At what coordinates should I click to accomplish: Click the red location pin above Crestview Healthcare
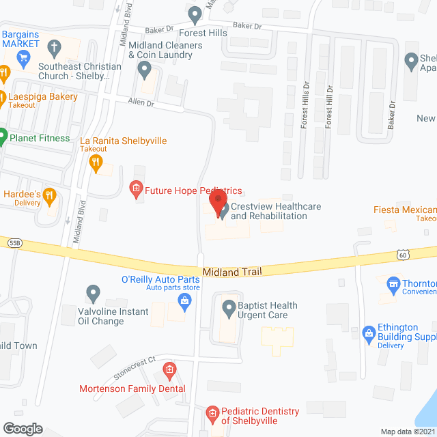[218, 203]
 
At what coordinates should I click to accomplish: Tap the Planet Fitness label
[39, 139]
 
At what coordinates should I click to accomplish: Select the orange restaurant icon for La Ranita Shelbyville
[96, 163]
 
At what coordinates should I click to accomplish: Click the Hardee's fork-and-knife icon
[49, 197]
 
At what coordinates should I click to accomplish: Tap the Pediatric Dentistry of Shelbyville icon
[212, 412]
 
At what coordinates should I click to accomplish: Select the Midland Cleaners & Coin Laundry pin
[144, 68]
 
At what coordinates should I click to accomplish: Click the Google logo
[22, 428]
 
